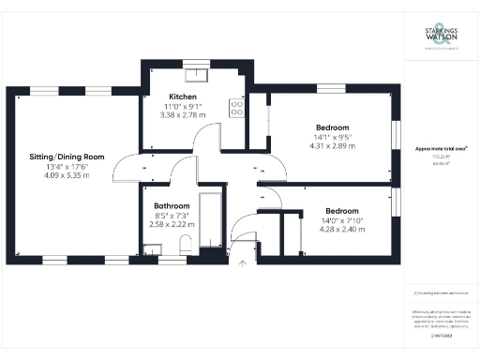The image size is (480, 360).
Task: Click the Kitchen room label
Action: point(182,97)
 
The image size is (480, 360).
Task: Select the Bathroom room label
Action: point(172,205)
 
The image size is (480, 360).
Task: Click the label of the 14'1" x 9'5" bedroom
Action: point(332,127)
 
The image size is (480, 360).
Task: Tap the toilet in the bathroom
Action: point(186,245)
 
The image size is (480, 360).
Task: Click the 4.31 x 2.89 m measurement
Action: point(332,147)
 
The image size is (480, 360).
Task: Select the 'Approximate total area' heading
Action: point(442,150)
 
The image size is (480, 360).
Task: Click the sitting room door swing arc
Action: point(127,169)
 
